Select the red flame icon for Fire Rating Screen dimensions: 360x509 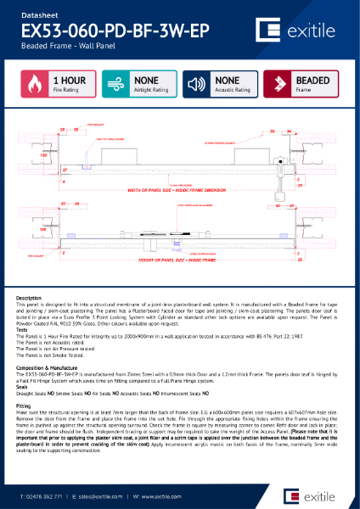[35, 86]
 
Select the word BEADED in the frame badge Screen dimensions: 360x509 [313, 81]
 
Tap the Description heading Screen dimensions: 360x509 [29, 299]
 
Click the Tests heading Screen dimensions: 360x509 [23, 331]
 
